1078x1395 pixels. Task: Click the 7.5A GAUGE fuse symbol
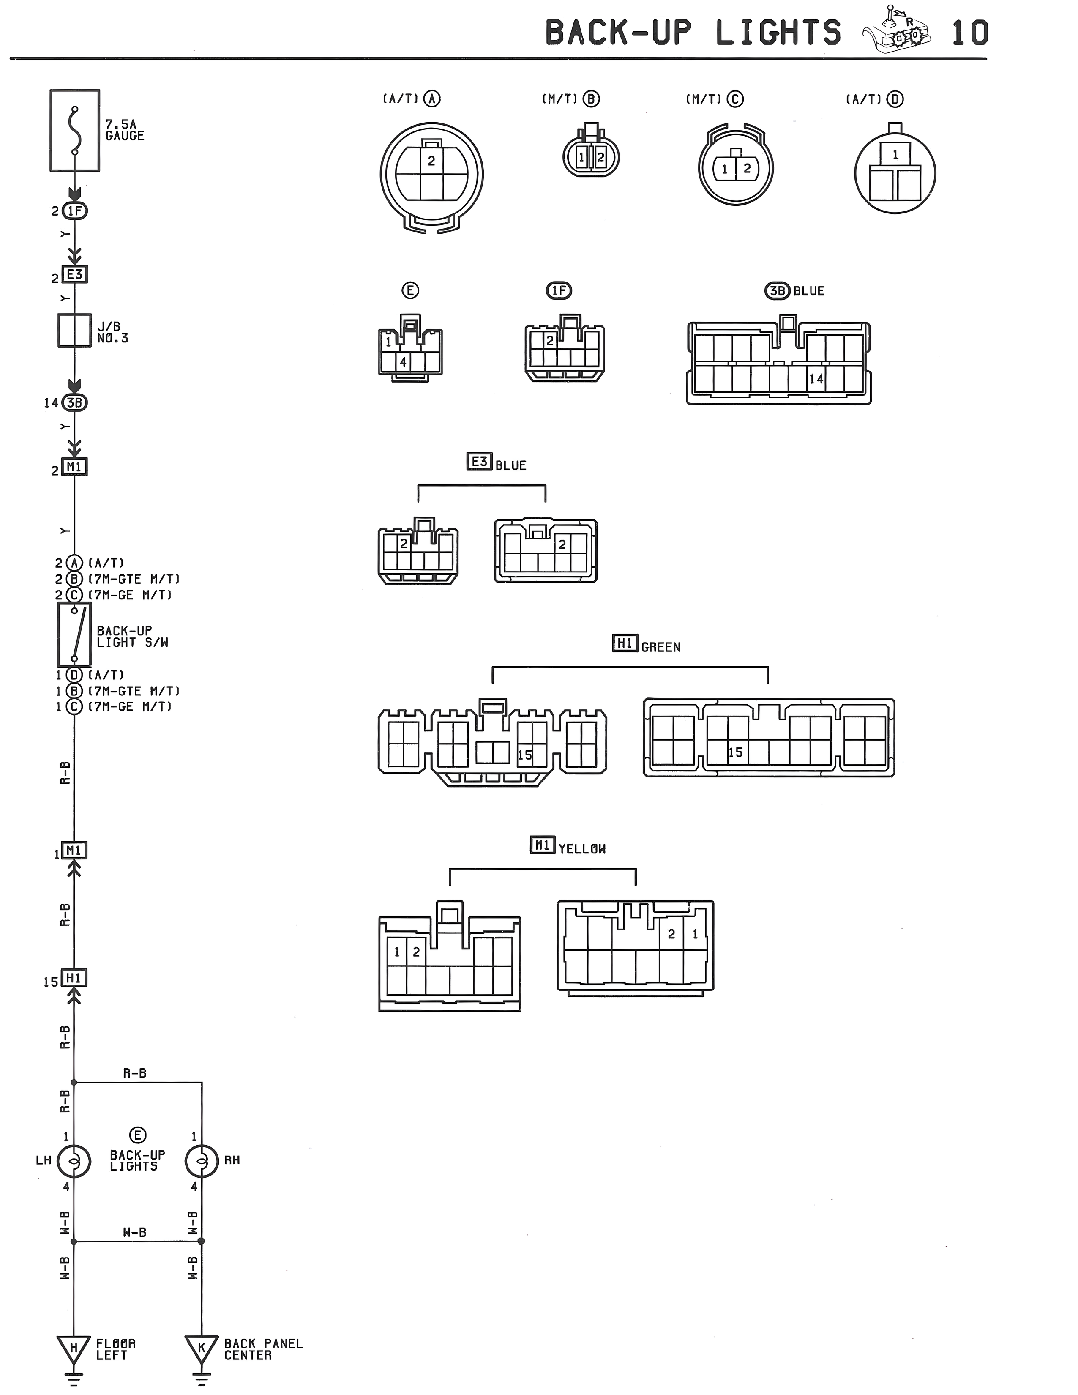pos(75,130)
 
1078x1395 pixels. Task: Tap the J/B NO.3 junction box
pos(75,330)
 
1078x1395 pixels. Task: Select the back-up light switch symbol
pos(75,634)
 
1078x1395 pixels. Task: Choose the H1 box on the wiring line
pos(74,979)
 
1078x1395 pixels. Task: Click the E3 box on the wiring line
pos(75,275)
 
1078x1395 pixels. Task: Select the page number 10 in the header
pos(969,33)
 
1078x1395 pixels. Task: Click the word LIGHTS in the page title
pos(778,33)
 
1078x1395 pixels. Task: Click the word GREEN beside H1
pos(661,648)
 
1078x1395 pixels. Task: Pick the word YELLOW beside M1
pos(582,849)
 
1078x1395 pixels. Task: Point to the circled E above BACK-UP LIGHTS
pos(137,1135)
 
